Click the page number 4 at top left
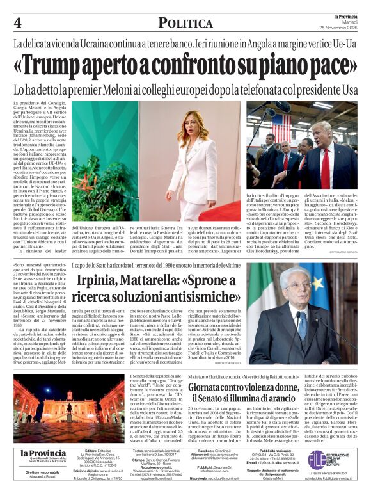click(17, 22)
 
